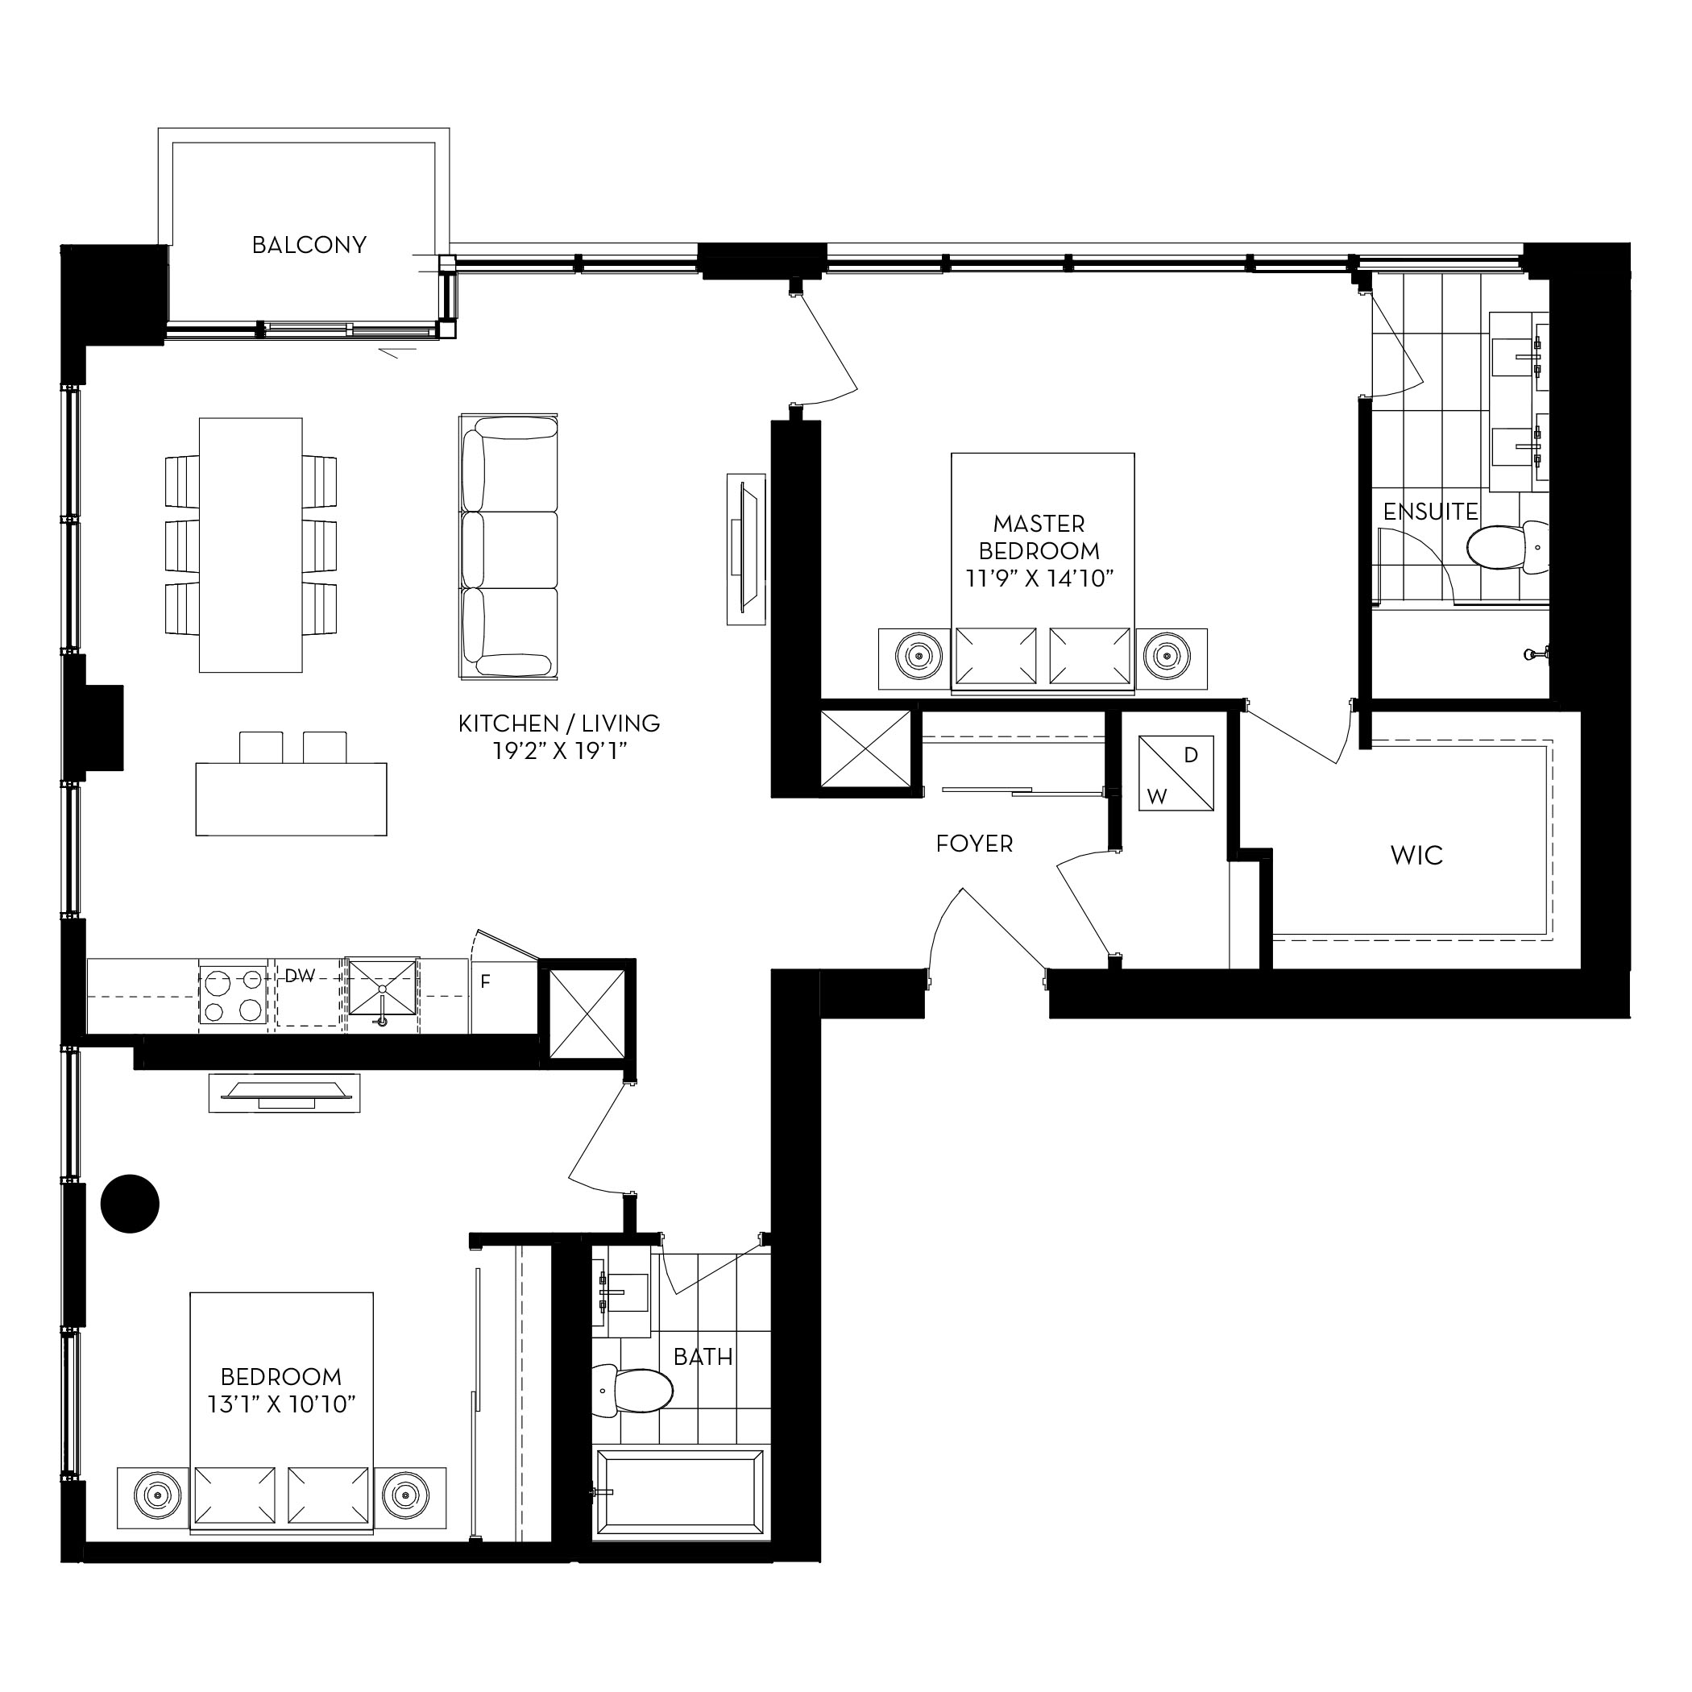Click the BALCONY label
point(309,245)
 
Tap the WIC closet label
point(1416,856)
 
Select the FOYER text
point(974,844)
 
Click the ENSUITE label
point(1430,512)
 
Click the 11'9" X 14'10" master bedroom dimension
point(1039,579)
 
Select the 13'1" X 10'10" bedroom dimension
point(281,1404)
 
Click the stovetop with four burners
point(233,996)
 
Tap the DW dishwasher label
point(300,976)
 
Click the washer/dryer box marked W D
point(1176,773)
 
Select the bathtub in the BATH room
point(678,1507)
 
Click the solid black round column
point(130,1203)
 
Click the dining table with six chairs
point(251,545)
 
